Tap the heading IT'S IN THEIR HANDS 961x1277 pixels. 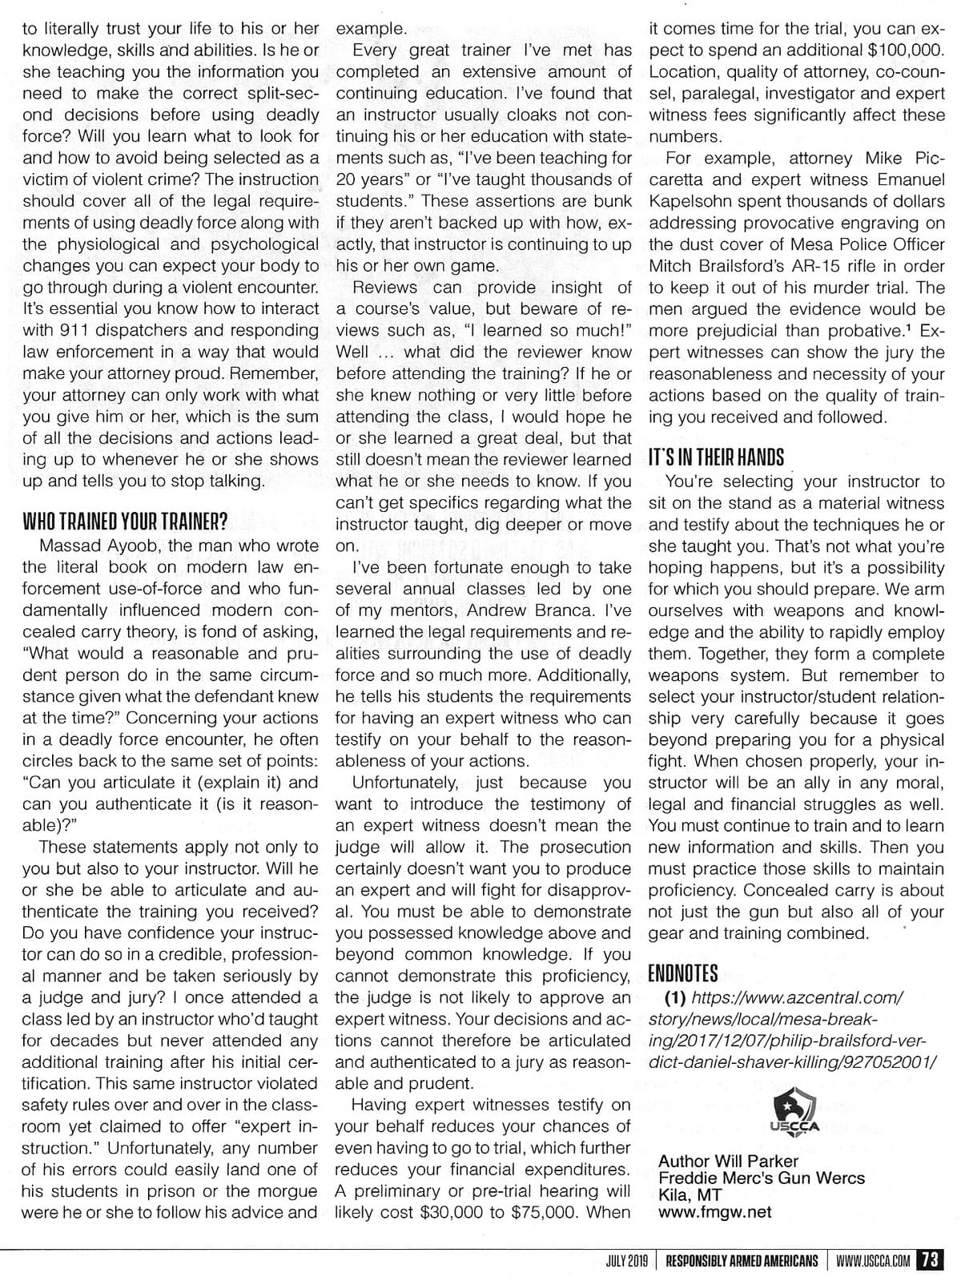(716, 457)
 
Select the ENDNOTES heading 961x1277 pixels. (683, 973)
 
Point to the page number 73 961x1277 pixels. (931, 1259)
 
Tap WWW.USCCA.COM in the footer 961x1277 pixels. (873, 1260)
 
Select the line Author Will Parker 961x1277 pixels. (728, 1161)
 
